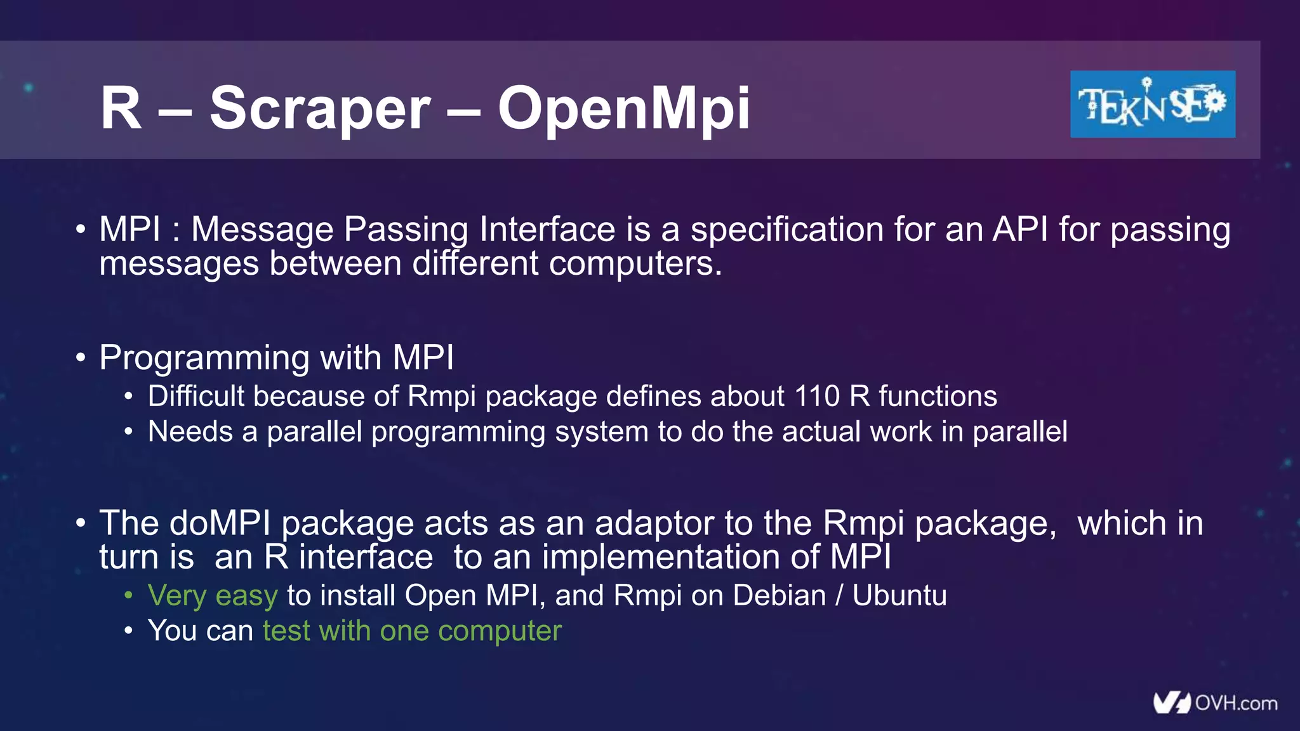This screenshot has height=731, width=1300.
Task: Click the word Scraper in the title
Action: [x=320, y=109]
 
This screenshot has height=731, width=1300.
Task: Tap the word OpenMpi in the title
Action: [x=623, y=109]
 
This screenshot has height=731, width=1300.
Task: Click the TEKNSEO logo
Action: [x=1152, y=104]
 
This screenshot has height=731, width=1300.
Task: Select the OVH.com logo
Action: [x=1215, y=703]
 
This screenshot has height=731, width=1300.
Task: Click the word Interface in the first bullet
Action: [x=547, y=229]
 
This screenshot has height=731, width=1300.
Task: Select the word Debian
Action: [x=779, y=596]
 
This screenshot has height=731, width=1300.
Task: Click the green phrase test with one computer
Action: [x=412, y=631]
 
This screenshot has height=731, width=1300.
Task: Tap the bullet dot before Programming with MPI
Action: [x=80, y=358]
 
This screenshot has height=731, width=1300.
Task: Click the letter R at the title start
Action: [x=121, y=109]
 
